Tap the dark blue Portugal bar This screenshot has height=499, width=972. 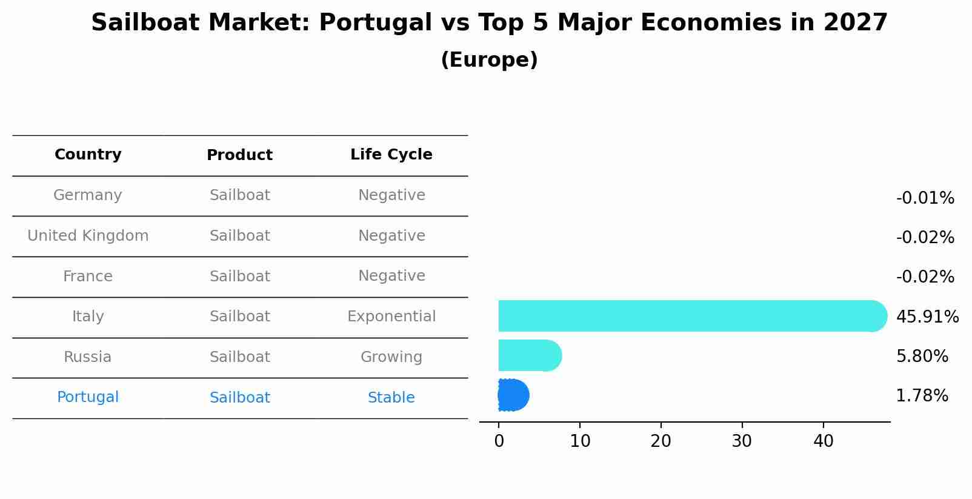513,395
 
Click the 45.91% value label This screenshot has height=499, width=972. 927,317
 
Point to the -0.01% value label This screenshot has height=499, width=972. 925,198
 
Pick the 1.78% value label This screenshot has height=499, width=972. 922,396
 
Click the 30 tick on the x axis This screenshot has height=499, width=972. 742,441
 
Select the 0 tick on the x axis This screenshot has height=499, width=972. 499,441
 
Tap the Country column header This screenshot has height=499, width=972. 88,155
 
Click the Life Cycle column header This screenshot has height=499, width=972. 391,155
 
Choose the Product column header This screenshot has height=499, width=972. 239,155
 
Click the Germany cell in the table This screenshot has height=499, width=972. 88,195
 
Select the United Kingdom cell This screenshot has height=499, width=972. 88,236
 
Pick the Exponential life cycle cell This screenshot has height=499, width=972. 391,316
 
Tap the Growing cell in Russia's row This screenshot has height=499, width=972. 391,357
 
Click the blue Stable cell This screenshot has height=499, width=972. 391,398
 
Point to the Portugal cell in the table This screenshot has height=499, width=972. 88,397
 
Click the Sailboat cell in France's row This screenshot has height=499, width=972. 239,276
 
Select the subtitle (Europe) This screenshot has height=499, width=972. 489,60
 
